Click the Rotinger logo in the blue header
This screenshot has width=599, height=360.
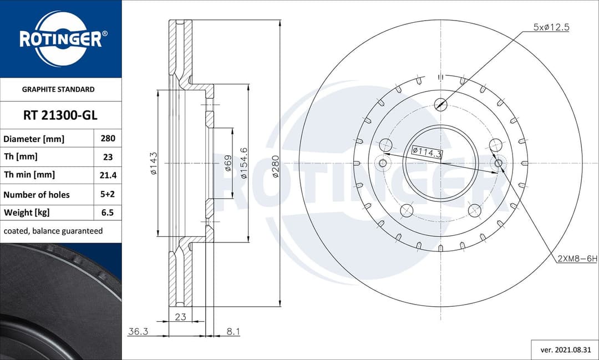point(60,38)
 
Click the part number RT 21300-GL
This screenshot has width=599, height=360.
point(60,115)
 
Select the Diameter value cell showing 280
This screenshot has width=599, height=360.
point(108,139)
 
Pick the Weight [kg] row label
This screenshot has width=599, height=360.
point(27,212)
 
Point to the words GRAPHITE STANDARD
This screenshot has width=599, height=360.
point(58,89)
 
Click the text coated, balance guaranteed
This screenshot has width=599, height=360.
point(53,231)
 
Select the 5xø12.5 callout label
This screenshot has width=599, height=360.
point(551,27)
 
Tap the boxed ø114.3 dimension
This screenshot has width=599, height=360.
point(427,150)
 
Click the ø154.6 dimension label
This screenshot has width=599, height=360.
point(243,163)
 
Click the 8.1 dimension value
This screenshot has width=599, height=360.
point(233,331)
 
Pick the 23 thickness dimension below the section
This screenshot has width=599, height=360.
point(180,317)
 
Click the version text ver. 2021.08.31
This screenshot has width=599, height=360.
point(565,350)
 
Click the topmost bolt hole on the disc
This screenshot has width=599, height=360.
point(440,103)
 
